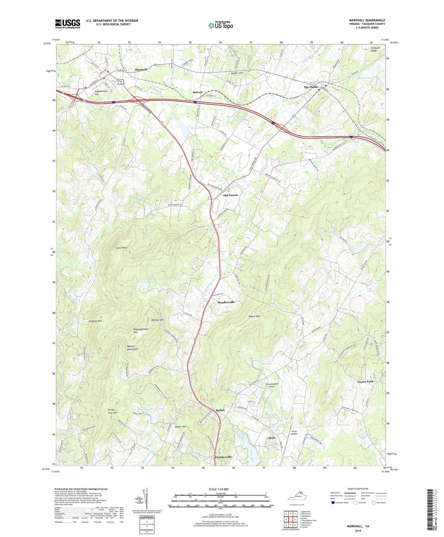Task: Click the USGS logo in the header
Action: pyautogui.click(x=68, y=23)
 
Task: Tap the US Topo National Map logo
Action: pyautogui.click(x=221, y=25)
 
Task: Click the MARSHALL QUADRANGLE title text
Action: pyautogui.click(x=367, y=20)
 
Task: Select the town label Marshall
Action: pyautogui.click(x=141, y=70)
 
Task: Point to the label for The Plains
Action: pyautogui.click(x=311, y=87)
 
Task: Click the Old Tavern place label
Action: pyautogui.click(x=230, y=195)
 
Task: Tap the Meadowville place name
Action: pyautogui.click(x=226, y=302)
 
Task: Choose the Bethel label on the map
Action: pyautogui.click(x=220, y=410)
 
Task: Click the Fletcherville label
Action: pyautogui.click(x=223, y=457)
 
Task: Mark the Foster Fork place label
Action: pyautogui.click(x=365, y=382)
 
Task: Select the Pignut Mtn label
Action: pyautogui.click(x=254, y=316)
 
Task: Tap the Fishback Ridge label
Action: pyautogui.click(x=375, y=49)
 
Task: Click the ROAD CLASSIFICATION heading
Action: pyautogui.click(x=358, y=489)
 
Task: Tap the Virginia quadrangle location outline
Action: pyautogui.click(x=297, y=496)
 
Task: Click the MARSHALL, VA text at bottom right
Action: pyautogui.click(x=358, y=526)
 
